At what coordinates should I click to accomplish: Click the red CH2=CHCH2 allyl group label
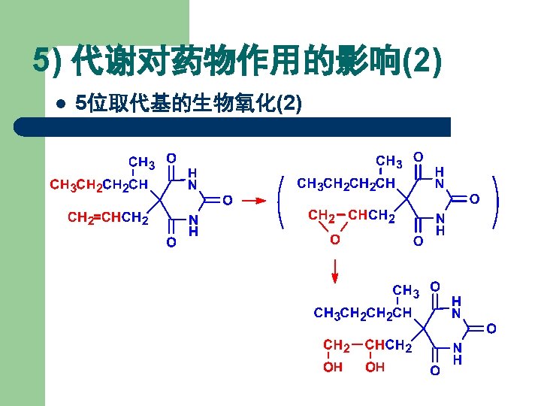click(107, 218)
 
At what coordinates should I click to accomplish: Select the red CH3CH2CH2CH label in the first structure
click(98, 183)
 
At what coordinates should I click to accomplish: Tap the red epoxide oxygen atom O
click(335, 239)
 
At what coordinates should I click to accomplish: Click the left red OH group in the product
click(333, 367)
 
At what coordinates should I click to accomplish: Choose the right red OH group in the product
click(375, 367)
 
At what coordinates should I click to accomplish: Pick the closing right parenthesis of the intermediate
click(495, 201)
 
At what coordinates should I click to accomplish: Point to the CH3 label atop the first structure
click(142, 162)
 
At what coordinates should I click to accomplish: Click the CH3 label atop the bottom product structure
click(406, 289)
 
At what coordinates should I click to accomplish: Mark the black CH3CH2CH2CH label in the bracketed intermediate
click(346, 183)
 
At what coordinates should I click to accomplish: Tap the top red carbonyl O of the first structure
click(171, 158)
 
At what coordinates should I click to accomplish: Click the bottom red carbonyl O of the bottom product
click(434, 371)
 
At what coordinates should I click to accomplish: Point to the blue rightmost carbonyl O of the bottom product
click(491, 329)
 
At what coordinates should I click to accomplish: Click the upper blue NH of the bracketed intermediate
click(440, 178)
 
